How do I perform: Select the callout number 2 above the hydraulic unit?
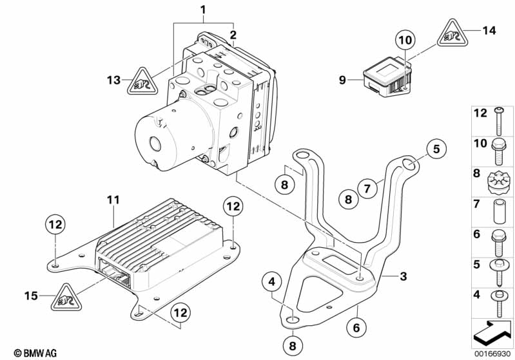233,34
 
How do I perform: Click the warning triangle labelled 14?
449,33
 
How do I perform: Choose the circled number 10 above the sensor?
404,40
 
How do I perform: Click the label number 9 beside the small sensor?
344,81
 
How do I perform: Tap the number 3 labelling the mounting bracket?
403,276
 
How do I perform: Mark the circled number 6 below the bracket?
355,327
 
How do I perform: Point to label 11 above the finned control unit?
113,201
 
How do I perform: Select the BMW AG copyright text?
30,352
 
